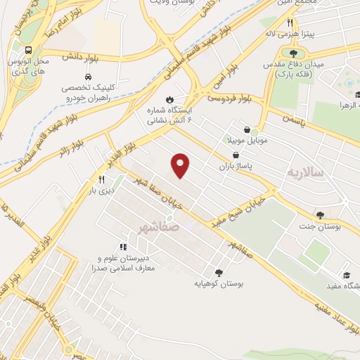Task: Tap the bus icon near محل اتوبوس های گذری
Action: pyautogui.click(x=28, y=51)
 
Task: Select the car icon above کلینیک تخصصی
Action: pyautogui.click(x=87, y=76)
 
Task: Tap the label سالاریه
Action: pyautogui.click(x=304, y=172)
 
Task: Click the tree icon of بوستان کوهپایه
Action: pyautogui.click(x=219, y=272)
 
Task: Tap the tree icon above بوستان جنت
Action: pyautogui.click(x=320, y=215)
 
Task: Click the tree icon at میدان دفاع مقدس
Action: pyautogui.click(x=293, y=53)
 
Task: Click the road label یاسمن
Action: pyautogui.click(x=288, y=120)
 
